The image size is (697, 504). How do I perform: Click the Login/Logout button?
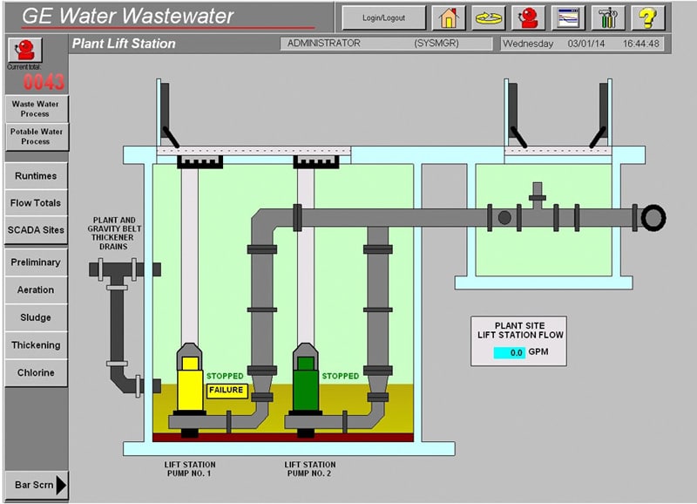(383, 17)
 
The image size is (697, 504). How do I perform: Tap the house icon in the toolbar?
(449, 17)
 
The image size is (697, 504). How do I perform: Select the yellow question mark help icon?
(648, 17)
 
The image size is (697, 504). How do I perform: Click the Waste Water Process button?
(36, 108)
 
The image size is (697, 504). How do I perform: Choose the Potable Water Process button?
(36, 136)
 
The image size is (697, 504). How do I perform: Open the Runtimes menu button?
(36, 176)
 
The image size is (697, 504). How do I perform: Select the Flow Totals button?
(36, 203)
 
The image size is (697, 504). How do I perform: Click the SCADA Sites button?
(36, 230)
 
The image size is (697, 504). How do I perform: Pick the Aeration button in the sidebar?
(36, 289)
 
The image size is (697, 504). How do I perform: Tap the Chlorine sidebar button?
(36, 372)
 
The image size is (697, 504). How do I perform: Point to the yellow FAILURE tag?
(227, 391)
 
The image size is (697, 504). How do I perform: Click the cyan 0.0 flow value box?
(509, 353)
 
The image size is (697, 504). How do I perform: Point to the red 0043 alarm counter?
(44, 82)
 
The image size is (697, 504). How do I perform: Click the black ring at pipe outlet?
(653, 217)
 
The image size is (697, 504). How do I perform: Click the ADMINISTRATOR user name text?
(323, 44)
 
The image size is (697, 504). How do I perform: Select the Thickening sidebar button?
(36, 345)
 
